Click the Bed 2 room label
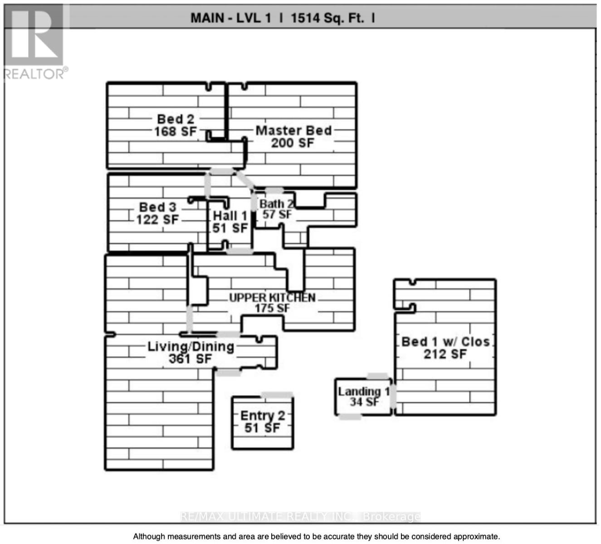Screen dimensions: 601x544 click(176, 119)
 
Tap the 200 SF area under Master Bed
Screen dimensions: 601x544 click(293, 143)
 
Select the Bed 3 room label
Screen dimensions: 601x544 click(158, 207)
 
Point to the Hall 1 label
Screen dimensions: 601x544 click(230, 216)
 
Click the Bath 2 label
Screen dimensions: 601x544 click(276, 204)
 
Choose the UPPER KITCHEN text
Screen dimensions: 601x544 click(272, 297)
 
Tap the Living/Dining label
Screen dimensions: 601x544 click(191, 347)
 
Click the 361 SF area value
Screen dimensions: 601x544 click(191, 359)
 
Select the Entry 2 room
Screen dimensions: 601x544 click(263, 422)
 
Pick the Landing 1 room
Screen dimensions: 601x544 click(363, 397)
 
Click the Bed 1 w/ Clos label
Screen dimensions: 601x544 click(445, 342)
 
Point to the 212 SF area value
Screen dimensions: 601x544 click(445, 355)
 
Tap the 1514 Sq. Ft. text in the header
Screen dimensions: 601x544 click(327, 18)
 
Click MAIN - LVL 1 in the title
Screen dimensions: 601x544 click(231, 18)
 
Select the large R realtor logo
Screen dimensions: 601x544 click(34, 34)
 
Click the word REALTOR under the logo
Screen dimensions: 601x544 click(34, 74)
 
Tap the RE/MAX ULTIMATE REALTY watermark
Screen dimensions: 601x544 click(300, 516)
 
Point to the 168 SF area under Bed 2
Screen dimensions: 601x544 click(176, 131)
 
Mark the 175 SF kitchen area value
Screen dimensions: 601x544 click(272, 308)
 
